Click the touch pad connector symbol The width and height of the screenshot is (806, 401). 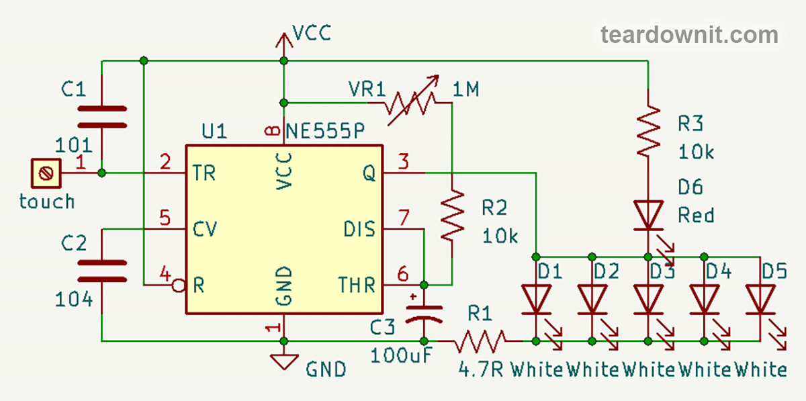pyautogui.click(x=46, y=173)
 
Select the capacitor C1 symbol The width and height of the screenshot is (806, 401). pyautogui.click(x=101, y=116)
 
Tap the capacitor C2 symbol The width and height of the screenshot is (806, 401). pyautogui.click(x=101, y=271)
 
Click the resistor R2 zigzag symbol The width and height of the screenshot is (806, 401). pyautogui.click(x=453, y=215)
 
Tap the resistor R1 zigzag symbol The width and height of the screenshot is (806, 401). pyautogui.click(x=481, y=341)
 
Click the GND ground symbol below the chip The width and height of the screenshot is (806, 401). pyautogui.click(x=283, y=361)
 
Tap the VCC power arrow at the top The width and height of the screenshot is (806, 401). pyautogui.click(x=283, y=42)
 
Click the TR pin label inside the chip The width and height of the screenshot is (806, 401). pyautogui.click(x=204, y=173)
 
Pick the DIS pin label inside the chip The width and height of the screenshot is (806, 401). pyautogui.click(x=359, y=229)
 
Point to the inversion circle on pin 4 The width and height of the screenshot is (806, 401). pyautogui.click(x=178, y=285)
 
